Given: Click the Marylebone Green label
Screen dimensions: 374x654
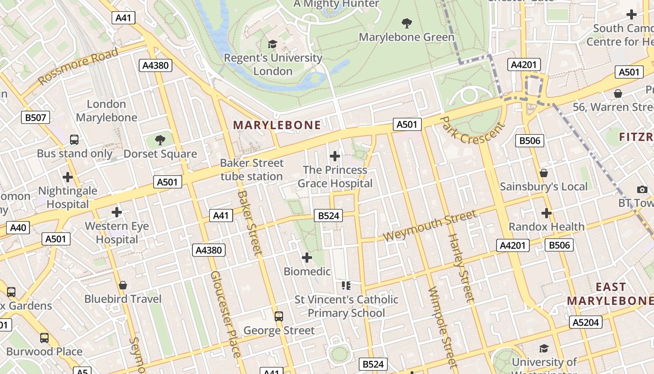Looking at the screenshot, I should (x=406, y=37).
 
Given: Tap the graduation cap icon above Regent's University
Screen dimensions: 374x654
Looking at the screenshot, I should (x=272, y=44).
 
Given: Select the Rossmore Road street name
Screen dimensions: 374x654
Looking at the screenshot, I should (x=78, y=66).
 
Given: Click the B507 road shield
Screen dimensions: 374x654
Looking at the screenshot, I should (x=36, y=117).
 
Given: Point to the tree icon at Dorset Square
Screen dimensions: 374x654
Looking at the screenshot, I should (x=160, y=140).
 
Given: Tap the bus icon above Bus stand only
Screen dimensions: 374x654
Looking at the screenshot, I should (x=74, y=139).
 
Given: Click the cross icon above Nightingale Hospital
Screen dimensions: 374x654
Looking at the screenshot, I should (x=68, y=177).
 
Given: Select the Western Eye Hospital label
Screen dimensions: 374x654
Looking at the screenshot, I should (x=117, y=233).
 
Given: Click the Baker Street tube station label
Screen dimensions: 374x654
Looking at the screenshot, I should (x=252, y=170).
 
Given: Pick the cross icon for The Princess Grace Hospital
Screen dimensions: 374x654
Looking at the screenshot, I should (x=335, y=156).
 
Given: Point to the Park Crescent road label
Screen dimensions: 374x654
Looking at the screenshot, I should (x=473, y=130).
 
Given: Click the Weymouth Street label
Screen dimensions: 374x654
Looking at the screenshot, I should (x=430, y=226).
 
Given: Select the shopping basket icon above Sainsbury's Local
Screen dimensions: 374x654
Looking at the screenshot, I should (x=544, y=173).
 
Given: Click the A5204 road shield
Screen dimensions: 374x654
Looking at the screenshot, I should (x=586, y=322).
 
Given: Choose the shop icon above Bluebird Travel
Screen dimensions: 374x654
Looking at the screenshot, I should (x=123, y=285).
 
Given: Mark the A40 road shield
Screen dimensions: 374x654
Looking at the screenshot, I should (x=18, y=228).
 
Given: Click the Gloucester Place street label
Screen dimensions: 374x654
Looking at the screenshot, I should (x=226, y=314).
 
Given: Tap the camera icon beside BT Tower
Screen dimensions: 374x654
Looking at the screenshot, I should (x=642, y=189).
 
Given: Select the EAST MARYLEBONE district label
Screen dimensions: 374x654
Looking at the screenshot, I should (x=610, y=294).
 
